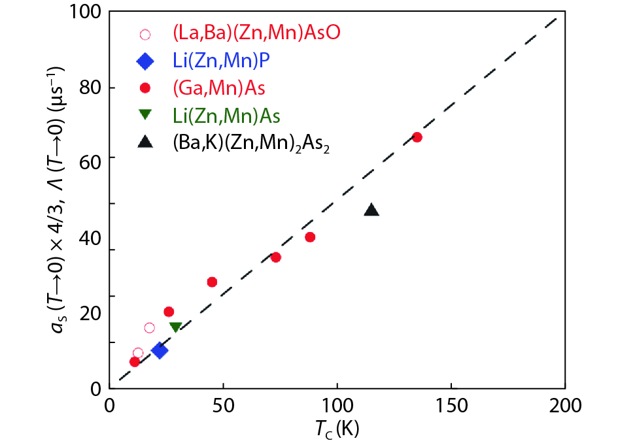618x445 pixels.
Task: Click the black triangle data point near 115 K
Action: coord(371,210)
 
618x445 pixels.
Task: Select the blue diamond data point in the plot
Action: coord(159,350)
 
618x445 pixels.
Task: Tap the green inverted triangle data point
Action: coord(175,327)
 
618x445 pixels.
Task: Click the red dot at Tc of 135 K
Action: coord(417,137)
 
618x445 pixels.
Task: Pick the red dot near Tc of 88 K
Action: coord(310,237)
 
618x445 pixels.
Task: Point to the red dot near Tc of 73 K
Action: coord(276,257)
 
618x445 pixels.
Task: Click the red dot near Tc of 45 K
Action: coord(212,282)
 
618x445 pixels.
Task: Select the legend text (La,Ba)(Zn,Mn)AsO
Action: coord(248,33)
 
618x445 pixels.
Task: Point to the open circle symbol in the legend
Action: coord(145,34)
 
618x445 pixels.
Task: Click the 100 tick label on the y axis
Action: coord(87,12)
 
